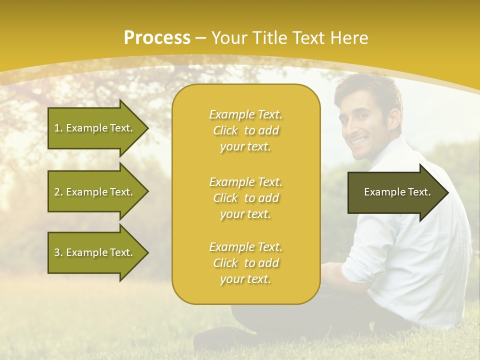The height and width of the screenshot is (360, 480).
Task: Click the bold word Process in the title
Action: [x=157, y=38]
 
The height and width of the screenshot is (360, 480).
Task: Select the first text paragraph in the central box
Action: [x=245, y=130]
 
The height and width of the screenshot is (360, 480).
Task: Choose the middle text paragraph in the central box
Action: [x=245, y=198]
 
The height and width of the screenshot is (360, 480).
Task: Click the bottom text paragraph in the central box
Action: [x=245, y=263]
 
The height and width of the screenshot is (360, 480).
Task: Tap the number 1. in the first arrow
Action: [x=58, y=128]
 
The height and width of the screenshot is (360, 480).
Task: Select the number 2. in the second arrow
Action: [x=58, y=192]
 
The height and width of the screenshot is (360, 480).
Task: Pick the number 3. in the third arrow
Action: [x=58, y=252]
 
